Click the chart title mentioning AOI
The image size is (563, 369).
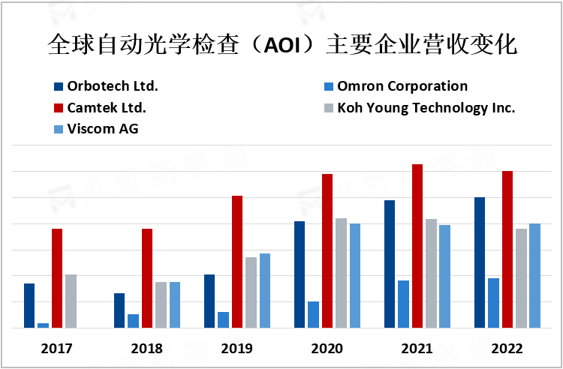pos(281,44)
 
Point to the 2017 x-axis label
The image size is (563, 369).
pos(57,349)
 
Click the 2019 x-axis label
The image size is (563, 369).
pos(237,349)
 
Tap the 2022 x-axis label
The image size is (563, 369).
pos(507,349)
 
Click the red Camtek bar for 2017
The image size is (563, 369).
pos(57,278)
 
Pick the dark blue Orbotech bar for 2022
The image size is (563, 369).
pos(480,262)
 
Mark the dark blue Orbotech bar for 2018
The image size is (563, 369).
pos(119,310)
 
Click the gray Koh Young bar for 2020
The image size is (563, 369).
pos(341,273)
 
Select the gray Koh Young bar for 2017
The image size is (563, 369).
pos(71,301)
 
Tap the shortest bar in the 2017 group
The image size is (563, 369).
pos(44,325)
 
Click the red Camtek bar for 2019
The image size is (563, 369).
pos(237,262)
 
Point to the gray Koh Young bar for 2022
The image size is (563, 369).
pos(521,278)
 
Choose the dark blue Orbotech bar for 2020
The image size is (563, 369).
pos(300,274)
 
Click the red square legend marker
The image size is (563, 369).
pos(59,107)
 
